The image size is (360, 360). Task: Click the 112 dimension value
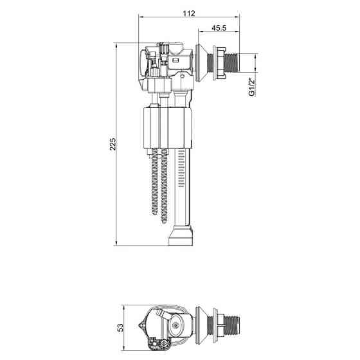[189, 14]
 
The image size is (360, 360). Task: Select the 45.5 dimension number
[219, 28]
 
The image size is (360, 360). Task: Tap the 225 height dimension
[113, 144]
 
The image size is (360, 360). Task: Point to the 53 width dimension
[120, 328]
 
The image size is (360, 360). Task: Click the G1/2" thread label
[252, 87]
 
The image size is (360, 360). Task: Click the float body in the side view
[168, 128]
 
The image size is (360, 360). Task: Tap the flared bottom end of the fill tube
[181, 236]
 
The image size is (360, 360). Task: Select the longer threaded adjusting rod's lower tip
[164, 222]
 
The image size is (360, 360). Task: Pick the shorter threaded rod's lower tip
[154, 213]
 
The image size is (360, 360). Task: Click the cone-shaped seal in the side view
[201, 63]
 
